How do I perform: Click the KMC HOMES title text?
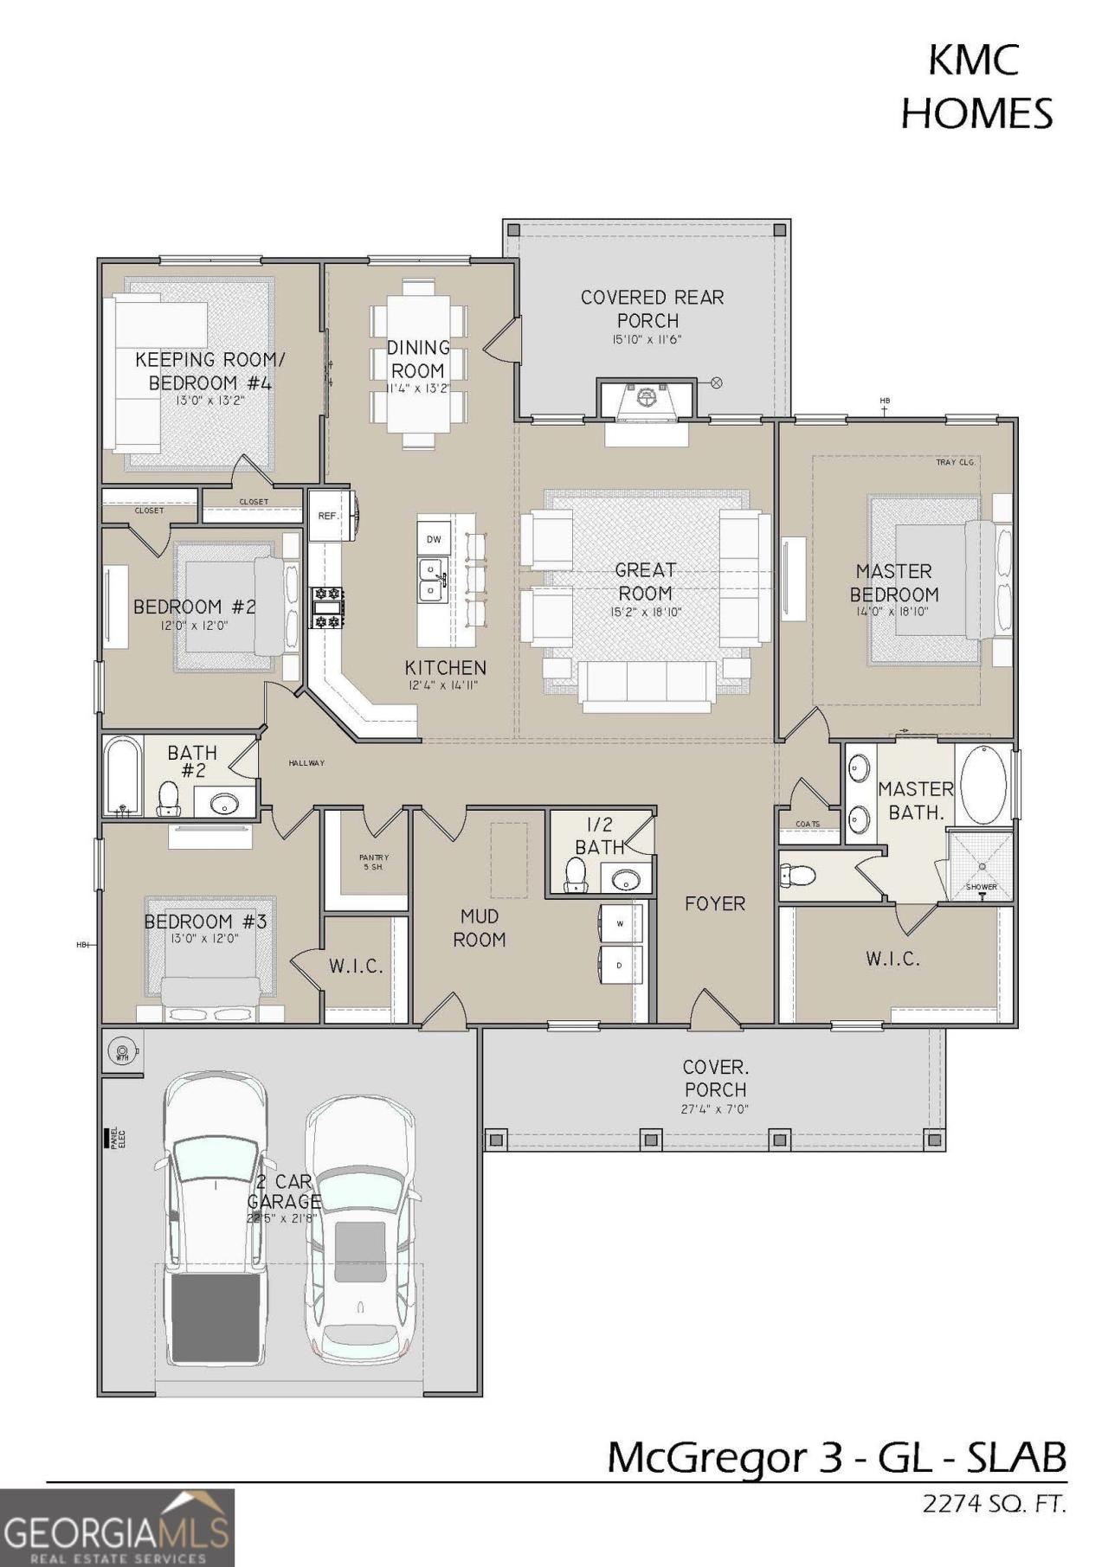point(976,87)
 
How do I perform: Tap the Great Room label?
point(645,582)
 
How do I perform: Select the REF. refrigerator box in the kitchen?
point(327,516)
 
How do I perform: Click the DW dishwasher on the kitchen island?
point(434,539)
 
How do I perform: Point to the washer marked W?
point(621,923)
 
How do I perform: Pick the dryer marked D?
point(621,965)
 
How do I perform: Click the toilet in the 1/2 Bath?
point(576,875)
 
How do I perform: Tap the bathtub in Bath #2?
point(123,775)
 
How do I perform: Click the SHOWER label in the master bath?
point(982,887)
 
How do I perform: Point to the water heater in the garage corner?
point(121,1052)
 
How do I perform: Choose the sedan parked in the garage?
point(360,1229)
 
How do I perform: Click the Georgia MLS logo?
point(117,1527)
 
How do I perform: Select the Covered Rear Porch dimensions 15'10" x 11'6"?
point(647,340)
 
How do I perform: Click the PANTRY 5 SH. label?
point(374,862)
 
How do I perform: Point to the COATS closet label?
point(807,824)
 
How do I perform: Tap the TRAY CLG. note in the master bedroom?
point(956,462)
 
